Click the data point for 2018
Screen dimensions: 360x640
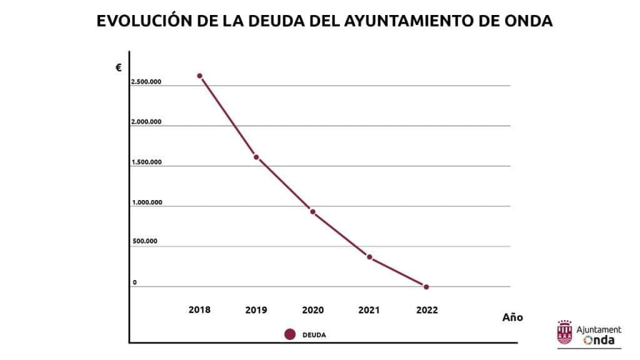click(199, 76)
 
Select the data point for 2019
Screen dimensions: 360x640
click(256, 157)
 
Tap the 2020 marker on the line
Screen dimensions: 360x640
click(312, 212)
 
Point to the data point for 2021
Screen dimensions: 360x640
click(369, 257)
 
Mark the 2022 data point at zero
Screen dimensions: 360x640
click(426, 287)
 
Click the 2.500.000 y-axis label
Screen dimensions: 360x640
click(146, 82)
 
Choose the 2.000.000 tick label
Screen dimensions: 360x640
click(146, 122)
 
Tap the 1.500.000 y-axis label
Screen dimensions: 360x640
click(146, 162)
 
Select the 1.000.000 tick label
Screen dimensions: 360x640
click(146, 202)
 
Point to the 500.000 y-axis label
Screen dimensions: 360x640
click(144, 241)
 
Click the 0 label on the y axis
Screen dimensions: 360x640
click(134, 282)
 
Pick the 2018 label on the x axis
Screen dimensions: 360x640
click(199, 310)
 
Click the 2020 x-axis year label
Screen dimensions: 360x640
click(312, 310)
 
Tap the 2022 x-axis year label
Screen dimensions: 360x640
click(427, 310)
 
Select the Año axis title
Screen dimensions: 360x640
click(512, 317)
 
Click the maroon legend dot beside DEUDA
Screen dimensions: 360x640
click(290, 334)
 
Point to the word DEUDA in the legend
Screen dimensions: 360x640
click(314, 335)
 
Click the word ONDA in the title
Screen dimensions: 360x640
click(528, 21)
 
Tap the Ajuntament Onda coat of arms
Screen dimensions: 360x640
click(564, 332)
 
